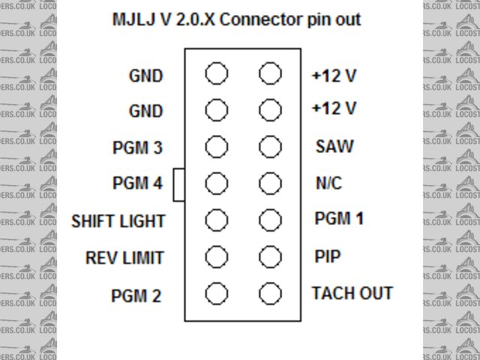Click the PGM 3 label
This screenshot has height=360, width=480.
click(x=137, y=147)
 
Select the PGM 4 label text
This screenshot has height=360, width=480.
click(x=137, y=184)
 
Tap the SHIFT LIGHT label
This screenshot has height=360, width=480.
click(x=118, y=222)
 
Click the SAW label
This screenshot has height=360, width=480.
click(x=331, y=146)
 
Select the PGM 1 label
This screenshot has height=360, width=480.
click(x=339, y=219)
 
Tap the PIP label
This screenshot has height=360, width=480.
click(x=326, y=256)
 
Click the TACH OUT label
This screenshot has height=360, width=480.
click(x=352, y=293)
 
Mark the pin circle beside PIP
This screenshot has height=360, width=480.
click(x=270, y=256)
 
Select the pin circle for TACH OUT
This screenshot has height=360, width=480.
click(x=270, y=292)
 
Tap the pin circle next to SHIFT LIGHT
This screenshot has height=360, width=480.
click(x=217, y=220)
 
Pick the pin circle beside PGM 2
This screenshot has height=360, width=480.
click(x=217, y=292)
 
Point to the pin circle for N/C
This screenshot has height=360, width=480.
click(x=270, y=183)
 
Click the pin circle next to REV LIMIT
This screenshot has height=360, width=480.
click(x=217, y=256)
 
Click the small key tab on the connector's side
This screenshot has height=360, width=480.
click(x=179, y=184)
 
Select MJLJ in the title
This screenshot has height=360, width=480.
click(x=133, y=19)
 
